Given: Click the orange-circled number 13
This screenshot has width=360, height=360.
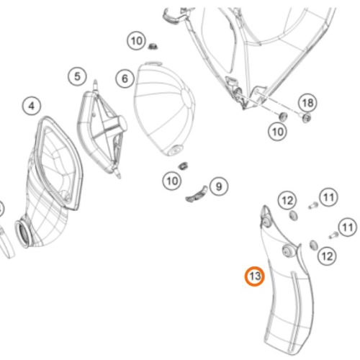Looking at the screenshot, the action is [254, 276].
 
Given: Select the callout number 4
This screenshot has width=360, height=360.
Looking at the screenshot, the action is [32, 106].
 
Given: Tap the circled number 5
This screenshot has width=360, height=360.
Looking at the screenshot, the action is [77, 76].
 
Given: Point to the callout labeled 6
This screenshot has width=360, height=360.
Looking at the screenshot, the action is [125, 78].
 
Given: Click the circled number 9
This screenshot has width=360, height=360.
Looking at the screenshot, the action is [219, 186].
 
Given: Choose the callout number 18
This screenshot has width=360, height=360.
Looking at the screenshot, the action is [307, 103].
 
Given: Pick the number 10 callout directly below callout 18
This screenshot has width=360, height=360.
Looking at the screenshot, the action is [277, 132].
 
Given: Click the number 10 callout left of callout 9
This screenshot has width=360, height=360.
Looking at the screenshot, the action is [172, 181].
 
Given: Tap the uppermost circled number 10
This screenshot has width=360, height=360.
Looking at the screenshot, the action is [136, 41].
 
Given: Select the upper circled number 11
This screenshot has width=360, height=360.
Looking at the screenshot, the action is [328, 197].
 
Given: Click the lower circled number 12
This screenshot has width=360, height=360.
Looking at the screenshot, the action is [327, 256].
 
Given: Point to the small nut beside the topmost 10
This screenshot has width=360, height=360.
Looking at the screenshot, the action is [152, 46].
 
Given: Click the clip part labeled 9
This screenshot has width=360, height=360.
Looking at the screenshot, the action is [197, 194].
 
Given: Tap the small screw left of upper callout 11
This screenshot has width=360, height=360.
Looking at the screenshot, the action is [313, 206].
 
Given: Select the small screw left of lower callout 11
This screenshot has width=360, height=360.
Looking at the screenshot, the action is [333, 235].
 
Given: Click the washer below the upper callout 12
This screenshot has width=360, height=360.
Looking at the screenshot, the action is [294, 215].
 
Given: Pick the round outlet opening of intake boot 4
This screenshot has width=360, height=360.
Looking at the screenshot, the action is [23, 233].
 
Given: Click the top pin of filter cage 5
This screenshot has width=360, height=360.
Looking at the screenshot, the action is [95, 84].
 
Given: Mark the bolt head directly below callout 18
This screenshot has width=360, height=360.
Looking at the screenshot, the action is [306, 118].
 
